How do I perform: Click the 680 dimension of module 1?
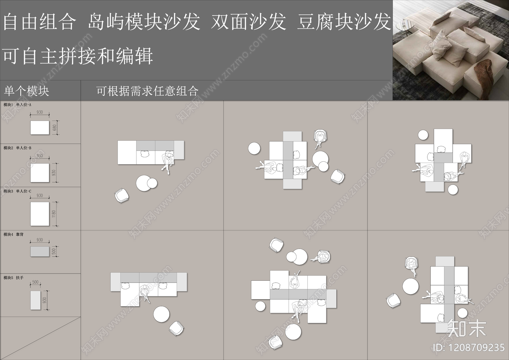click(55, 128)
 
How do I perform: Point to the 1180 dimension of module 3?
click(54, 214)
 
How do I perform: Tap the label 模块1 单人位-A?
click(17, 105)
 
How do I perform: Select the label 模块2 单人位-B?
click(17, 148)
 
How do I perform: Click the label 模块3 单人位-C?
click(17, 191)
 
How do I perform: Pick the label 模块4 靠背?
click(14, 235)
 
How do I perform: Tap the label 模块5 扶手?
click(14, 278)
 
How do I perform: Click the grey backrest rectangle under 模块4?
click(40, 251)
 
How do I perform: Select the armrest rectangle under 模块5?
click(35, 300)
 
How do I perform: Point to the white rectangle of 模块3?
click(40, 214)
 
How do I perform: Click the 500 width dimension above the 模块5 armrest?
click(35, 282)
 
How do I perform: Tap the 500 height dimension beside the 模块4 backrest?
click(54, 251)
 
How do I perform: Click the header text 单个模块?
click(26, 91)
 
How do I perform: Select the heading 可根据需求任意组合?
click(148, 91)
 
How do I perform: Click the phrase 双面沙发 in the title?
click(248, 22)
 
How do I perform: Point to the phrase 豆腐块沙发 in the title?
click(344, 22)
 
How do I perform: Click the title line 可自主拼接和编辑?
click(78, 56)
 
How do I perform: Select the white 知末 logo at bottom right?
click(467, 328)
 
